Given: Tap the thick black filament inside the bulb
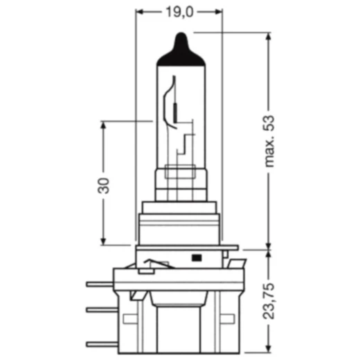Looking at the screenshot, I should point(175,109).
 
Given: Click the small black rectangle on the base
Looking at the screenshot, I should point(196,258).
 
